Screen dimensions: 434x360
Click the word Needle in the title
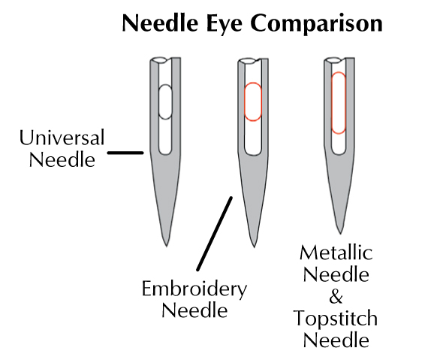pos(160,23)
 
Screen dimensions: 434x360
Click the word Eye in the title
pos(225,24)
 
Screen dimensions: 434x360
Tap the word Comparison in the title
pos(316,24)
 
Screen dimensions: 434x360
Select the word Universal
pos(62,138)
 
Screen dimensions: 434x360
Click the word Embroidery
pos(194,289)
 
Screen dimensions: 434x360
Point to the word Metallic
pos(336,253)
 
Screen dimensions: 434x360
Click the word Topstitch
pos(336,319)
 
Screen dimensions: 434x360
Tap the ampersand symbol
pos(336,297)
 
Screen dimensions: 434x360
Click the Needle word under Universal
pos(62,160)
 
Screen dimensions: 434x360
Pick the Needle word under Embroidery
pos(194,310)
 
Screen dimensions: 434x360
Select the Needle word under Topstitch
pos(336,340)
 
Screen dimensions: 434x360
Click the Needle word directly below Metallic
pos(336,274)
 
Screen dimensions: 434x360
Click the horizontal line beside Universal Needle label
pos(125,153)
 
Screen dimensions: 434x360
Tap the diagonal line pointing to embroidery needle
pos(215,234)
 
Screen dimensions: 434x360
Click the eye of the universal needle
pos(165,102)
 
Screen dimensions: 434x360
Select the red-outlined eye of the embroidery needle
pos(253,101)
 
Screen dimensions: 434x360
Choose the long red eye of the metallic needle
pos(339,103)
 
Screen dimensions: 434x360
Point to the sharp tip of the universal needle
pos(167,246)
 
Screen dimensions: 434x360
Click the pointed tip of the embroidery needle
pos(254,247)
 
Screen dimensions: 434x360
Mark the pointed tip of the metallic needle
pos(340,233)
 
